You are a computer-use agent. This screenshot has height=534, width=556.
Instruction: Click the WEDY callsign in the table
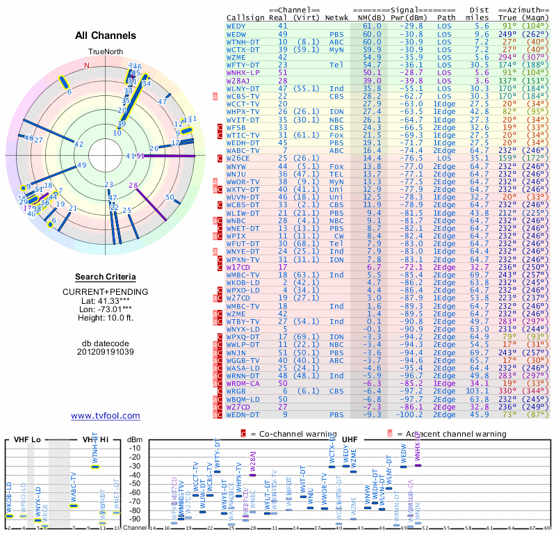tap(237, 26)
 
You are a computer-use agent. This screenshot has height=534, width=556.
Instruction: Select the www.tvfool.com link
tap(106, 416)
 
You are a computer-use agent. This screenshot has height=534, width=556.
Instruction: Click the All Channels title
tap(106, 35)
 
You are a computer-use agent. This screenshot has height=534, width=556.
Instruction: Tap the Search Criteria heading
tap(106, 277)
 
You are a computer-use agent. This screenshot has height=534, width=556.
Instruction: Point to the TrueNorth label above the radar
tap(106, 53)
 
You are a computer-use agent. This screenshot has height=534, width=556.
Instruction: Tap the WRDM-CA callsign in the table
tap(243, 382)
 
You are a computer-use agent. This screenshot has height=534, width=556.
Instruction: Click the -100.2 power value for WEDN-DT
tap(407, 414)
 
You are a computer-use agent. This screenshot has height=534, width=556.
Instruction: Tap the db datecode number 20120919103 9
tap(106, 351)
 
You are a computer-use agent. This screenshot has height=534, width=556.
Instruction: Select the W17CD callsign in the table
tap(238, 266)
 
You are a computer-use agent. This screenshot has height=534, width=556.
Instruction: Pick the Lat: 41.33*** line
tap(106, 300)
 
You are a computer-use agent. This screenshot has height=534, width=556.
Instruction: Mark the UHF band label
tap(350, 440)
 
